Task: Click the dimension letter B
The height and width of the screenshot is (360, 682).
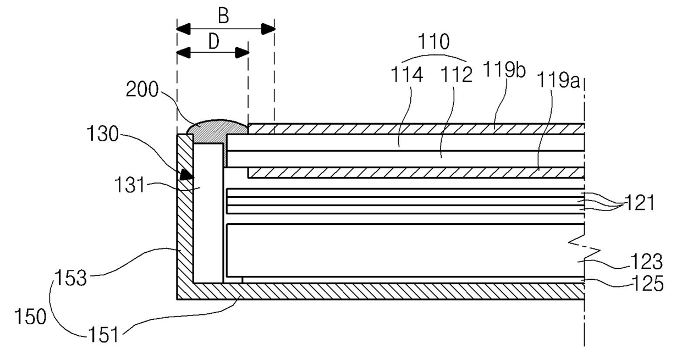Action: click(x=223, y=16)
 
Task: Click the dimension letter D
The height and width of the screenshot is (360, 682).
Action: click(x=214, y=41)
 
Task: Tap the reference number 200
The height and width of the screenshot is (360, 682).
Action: click(x=142, y=90)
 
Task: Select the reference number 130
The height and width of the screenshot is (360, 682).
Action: click(x=102, y=134)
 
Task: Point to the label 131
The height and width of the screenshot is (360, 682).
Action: click(x=130, y=185)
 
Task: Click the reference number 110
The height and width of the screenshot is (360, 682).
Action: click(x=433, y=41)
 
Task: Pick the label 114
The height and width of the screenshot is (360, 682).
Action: click(x=407, y=75)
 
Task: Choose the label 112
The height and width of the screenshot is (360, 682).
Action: click(x=457, y=75)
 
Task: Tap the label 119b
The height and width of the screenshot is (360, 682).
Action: click(x=504, y=69)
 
